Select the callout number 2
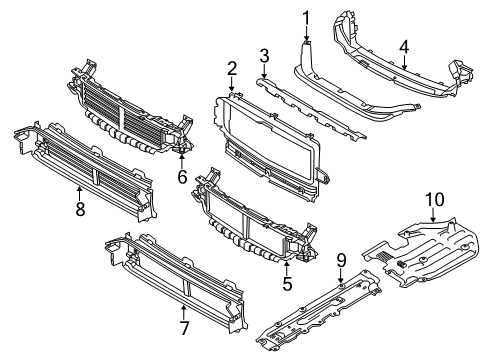(x=232, y=68)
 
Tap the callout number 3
(x=264, y=56)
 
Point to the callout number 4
(x=404, y=47)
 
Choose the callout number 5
(x=287, y=283)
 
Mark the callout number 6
(x=182, y=176)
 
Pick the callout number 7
(x=184, y=328)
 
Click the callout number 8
(x=80, y=209)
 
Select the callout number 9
(x=341, y=260)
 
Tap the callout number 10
(x=435, y=199)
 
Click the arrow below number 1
(x=306, y=34)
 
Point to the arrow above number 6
(x=182, y=160)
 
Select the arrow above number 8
(x=80, y=193)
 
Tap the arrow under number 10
(x=433, y=215)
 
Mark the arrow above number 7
(x=184, y=312)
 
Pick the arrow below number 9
(x=341, y=276)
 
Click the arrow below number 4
(x=404, y=62)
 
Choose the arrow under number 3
(x=264, y=71)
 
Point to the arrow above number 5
(x=287, y=268)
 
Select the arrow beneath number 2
(x=232, y=84)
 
